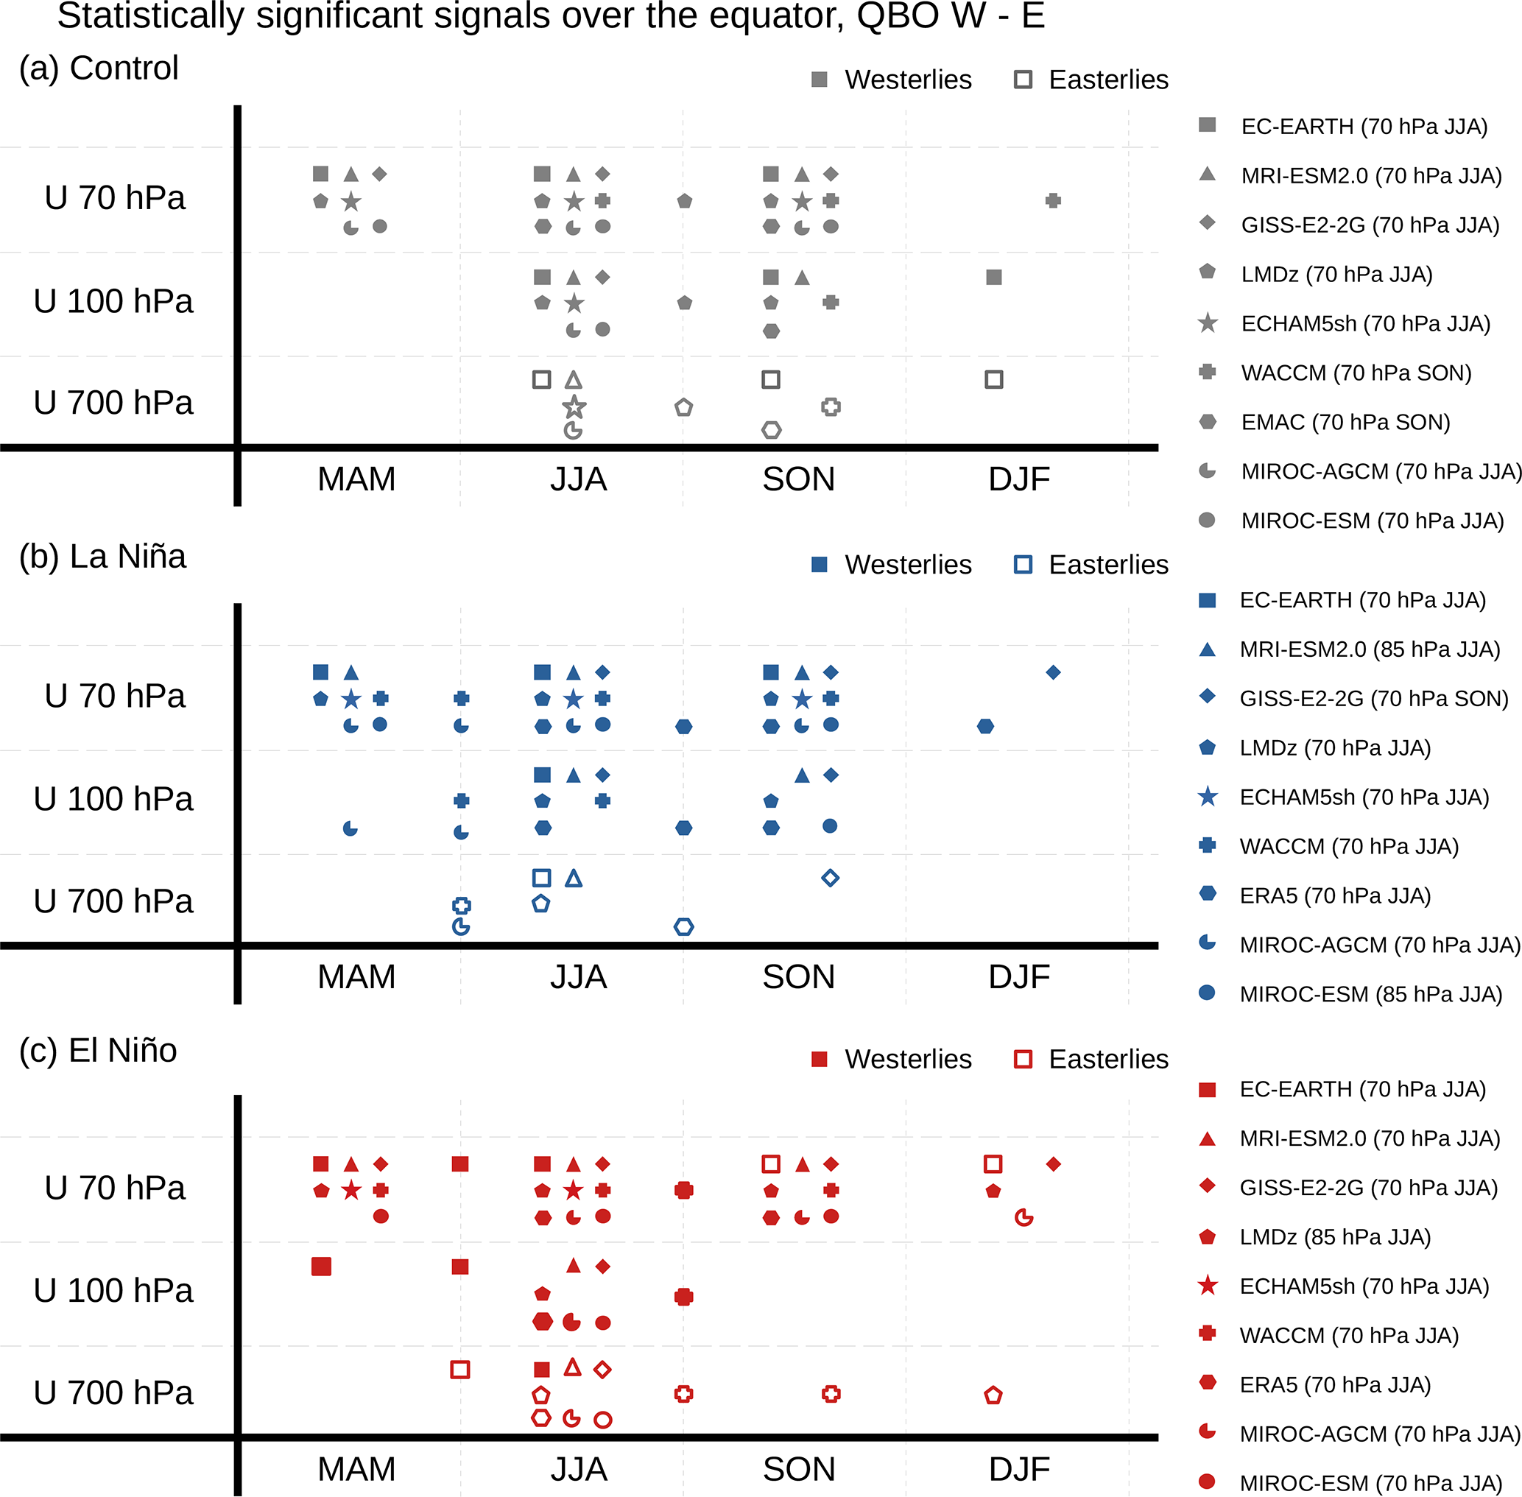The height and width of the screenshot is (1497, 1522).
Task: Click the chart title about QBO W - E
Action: [550, 15]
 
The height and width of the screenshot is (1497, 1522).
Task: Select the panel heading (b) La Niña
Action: [102, 557]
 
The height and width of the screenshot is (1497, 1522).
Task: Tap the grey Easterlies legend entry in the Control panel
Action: [1091, 80]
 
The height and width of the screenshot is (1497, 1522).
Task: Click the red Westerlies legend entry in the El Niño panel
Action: [892, 1059]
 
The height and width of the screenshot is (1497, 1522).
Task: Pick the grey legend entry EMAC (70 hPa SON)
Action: [1345, 422]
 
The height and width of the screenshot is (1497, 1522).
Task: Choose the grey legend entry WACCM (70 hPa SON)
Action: [1356, 373]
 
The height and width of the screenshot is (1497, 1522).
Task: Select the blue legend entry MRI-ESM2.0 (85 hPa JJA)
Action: [1369, 649]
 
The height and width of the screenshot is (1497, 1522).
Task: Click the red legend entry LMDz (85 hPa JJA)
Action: [1334, 1237]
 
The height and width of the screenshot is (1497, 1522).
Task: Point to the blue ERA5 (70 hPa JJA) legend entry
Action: [1334, 895]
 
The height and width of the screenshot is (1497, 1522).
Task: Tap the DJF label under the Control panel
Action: [1019, 479]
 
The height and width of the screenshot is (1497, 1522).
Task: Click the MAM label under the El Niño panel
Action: [356, 1469]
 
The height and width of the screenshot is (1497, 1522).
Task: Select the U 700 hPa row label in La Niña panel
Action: [113, 901]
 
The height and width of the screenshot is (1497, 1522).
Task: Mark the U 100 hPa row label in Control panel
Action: [113, 301]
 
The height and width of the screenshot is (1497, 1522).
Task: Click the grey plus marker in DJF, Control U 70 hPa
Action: [1054, 200]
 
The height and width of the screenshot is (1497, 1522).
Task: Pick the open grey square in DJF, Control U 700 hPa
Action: [994, 380]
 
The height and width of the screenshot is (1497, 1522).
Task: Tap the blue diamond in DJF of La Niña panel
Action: [1054, 672]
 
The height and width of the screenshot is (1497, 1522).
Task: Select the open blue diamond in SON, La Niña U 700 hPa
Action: [830, 878]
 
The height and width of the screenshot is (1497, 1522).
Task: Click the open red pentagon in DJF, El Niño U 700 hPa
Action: [993, 1395]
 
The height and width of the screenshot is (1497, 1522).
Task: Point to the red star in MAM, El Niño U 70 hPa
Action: [351, 1191]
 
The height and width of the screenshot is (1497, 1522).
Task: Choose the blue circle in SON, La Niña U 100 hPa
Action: [829, 825]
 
